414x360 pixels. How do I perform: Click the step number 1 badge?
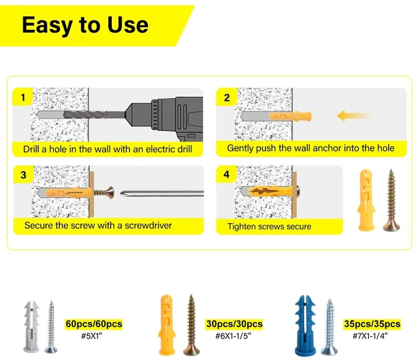23,97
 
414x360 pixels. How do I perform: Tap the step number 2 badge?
226,98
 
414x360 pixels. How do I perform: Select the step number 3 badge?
23,175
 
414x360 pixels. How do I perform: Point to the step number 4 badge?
226,174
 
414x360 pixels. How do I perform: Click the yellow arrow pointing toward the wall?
354,116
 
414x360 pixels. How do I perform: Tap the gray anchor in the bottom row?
32,326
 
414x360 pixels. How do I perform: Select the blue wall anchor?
305,326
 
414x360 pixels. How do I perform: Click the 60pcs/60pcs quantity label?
94,324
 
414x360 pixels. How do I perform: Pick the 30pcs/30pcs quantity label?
234,324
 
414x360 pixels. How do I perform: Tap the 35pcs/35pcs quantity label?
373,324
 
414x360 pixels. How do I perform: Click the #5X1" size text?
91,336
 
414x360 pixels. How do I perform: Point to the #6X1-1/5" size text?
233,336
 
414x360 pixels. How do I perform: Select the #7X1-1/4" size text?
370,336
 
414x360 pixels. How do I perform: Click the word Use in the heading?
128,25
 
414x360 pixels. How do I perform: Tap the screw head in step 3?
111,192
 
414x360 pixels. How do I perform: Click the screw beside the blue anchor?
329,327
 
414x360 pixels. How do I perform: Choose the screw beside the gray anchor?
51,327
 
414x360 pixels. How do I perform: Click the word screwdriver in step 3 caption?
148,226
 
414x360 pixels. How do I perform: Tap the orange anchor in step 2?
290,116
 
